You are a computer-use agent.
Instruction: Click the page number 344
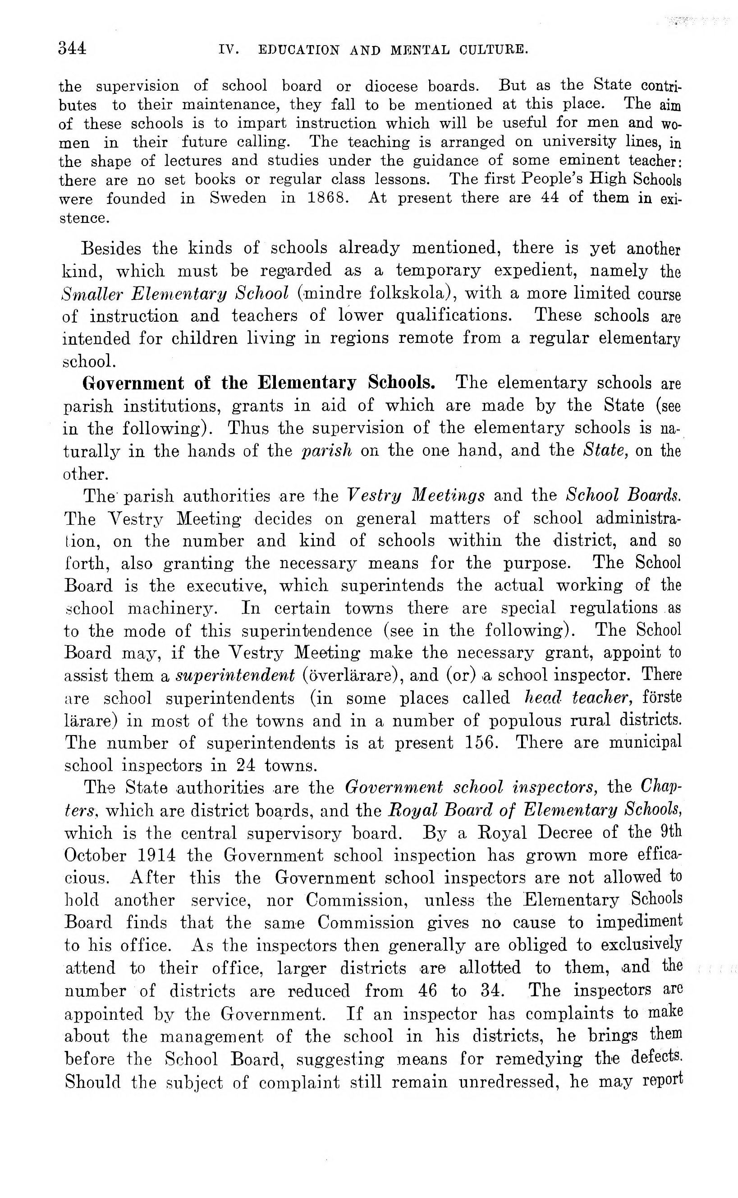point(72,48)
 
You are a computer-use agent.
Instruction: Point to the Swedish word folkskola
point(411,293)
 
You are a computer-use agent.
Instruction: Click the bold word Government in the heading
point(133,383)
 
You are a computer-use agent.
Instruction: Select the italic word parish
point(326,450)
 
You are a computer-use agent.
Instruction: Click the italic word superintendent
point(235,675)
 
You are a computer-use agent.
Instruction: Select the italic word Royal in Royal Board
point(409,811)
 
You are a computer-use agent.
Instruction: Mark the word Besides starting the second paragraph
point(111,249)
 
